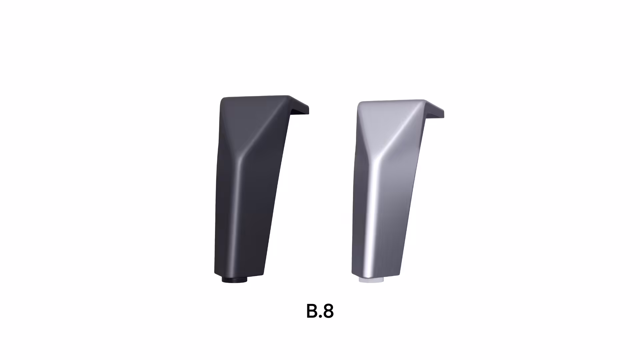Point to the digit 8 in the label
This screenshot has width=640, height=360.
(x=328, y=311)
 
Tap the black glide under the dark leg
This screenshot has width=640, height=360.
(x=234, y=280)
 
